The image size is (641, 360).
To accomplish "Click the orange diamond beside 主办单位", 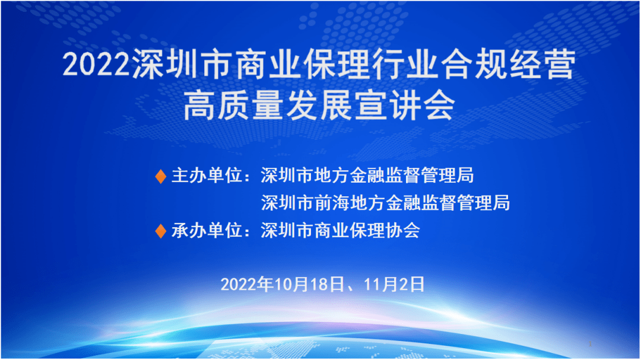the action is coord(161,177).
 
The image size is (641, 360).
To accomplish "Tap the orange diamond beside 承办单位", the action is coord(161,231).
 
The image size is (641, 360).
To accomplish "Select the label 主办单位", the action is coord(207,176).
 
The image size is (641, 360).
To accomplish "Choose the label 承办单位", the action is coord(207,231).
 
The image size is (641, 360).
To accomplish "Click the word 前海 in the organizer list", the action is coord(332,203).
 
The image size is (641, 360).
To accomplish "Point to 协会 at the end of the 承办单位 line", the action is coord(402,231).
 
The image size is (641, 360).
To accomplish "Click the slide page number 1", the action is coord(590,344).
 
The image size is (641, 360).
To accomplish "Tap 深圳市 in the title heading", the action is coord(182,65).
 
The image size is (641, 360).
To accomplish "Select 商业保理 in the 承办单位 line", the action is coord(350,231).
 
